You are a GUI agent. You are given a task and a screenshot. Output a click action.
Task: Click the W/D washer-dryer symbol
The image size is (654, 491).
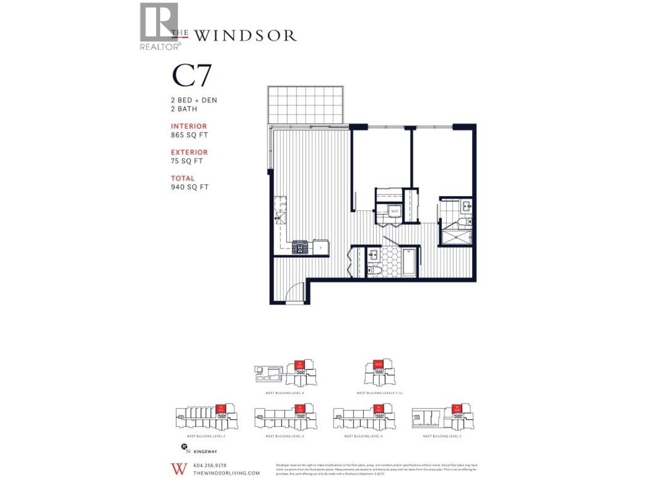coord(394,211)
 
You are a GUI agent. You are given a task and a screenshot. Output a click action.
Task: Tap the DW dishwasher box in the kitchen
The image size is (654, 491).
coord(282,203)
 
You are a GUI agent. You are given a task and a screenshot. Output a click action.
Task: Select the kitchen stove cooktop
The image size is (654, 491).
coord(300,248)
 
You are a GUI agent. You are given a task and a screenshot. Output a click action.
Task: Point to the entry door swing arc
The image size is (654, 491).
coord(293,291)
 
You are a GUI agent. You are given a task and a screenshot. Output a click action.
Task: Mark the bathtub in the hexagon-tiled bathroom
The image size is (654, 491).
coord(409,261)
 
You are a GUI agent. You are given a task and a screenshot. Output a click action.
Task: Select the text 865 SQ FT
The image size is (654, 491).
coord(189,135)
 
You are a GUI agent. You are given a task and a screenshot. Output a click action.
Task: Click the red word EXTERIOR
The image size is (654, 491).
coord(189,152)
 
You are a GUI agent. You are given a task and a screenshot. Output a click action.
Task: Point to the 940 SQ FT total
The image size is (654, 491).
coord(190,187)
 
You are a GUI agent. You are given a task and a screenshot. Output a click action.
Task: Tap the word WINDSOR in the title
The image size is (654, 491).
coord(245,36)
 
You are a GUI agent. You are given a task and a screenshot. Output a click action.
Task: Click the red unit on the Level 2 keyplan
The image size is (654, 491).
coord(221,408)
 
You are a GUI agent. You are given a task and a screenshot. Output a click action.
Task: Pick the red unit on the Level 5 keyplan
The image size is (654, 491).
coord(456,408)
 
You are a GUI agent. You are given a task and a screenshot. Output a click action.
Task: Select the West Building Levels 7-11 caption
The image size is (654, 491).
coord(379,393)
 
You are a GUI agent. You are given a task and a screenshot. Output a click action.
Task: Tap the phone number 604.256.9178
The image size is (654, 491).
coord(210,465)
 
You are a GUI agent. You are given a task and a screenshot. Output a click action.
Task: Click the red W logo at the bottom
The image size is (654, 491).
coord(179,469)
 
